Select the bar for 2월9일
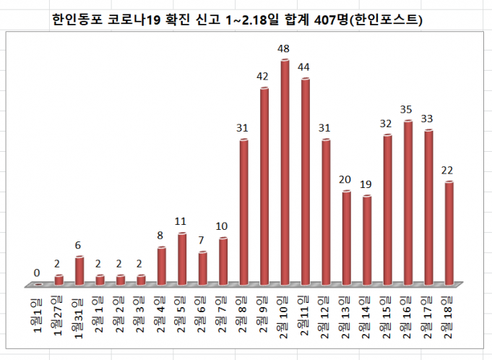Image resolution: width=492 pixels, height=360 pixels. tap(264, 186)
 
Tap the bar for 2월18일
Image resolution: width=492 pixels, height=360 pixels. tap(449, 233)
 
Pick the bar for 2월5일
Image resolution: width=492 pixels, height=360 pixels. tap(182, 258)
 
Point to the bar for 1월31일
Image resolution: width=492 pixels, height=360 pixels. tap(79, 270)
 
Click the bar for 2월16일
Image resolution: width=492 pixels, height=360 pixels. tap(408, 202)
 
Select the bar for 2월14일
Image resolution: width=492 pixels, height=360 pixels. tap(367, 239)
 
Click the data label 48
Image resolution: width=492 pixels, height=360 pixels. tap(285, 49)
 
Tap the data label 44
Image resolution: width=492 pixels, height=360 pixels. tap(305, 67)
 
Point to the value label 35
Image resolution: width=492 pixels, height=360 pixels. tap(407, 110)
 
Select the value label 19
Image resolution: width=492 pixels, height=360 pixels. tap(366, 184)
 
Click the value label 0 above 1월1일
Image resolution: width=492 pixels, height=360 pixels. tap(37, 273)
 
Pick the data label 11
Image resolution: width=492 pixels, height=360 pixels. tap(181, 222)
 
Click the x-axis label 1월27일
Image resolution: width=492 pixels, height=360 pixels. tap(59, 316)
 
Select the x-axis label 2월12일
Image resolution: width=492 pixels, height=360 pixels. tap(327, 317)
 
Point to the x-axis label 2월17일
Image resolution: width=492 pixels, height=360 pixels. tap(429, 317)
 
